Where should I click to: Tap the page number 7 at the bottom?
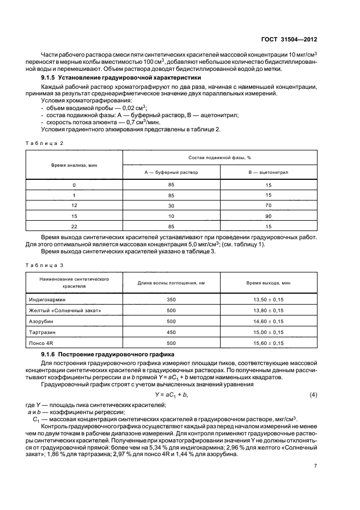click(x=315, y=466)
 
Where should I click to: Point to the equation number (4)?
click(x=313, y=393)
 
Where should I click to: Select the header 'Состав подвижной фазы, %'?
click(x=219, y=157)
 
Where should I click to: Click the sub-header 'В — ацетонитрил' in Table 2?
click(x=268, y=172)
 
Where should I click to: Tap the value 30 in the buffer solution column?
click(x=171, y=205)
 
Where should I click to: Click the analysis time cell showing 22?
click(x=74, y=226)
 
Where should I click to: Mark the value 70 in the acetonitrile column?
click(x=268, y=205)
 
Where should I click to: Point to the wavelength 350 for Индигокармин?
click(x=171, y=300)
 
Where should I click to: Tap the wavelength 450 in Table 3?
click(x=171, y=331)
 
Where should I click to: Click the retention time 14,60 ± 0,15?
click(x=268, y=321)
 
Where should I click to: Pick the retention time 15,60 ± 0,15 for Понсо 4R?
click(x=268, y=342)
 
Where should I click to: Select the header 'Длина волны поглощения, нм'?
click(x=171, y=283)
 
